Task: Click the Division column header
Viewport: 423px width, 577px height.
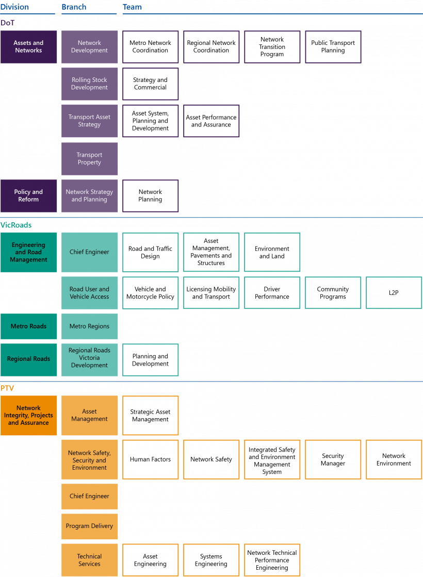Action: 14,7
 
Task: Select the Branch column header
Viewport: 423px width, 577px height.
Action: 74,7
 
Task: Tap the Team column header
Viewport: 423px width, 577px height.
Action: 132,7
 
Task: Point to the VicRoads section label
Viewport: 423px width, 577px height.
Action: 16,225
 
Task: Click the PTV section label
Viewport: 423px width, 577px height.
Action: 8,388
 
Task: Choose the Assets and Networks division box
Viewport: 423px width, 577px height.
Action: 28,47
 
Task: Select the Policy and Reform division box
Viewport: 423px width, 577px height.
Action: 28,196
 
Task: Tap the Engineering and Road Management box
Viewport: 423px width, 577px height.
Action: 28,253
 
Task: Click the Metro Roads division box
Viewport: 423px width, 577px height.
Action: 28,326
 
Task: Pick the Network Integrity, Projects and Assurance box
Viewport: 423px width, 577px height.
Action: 28,416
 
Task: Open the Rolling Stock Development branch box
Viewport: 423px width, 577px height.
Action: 89,84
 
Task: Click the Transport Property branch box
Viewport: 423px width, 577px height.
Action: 89,159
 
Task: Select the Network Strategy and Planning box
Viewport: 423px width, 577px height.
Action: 89,196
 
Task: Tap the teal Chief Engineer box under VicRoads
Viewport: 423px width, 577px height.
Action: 89,253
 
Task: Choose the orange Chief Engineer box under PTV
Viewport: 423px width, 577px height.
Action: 89,497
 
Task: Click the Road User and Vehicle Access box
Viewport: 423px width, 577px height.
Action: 89,293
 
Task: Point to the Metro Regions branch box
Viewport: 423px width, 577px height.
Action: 89,326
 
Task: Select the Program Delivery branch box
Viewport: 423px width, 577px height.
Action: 89,526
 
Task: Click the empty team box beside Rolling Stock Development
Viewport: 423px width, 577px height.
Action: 151,84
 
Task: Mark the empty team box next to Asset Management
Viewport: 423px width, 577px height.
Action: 151,416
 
